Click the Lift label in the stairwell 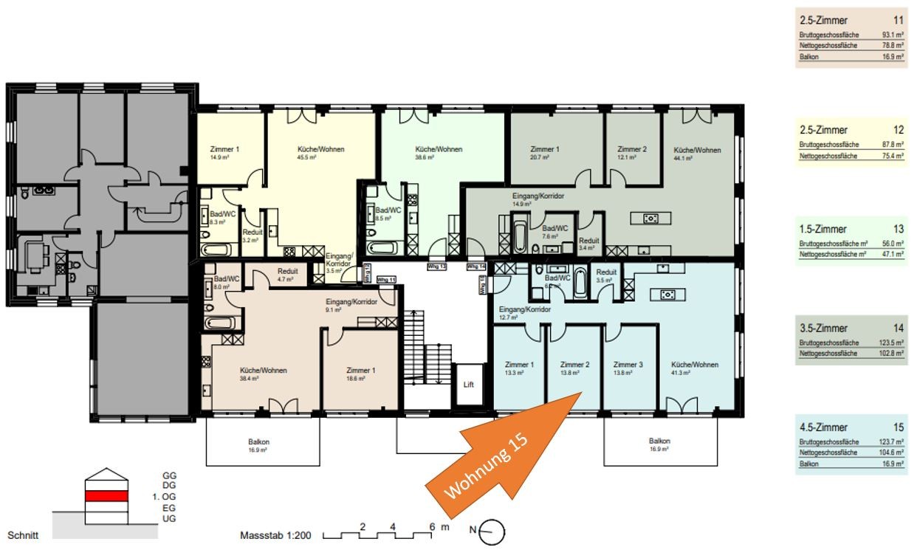tap(467, 385)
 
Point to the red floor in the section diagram tap(107, 496)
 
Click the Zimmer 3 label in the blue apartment tap(629, 365)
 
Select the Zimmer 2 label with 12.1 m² tap(632, 149)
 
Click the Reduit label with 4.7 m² tap(287, 270)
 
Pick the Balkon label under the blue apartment tap(659, 441)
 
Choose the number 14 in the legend tap(898, 328)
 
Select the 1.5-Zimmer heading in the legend tap(822, 229)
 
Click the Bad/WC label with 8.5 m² tap(388, 209)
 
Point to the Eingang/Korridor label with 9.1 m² tap(351, 302)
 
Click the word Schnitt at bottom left tap(23, 534)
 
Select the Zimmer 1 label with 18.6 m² tap(361, 371)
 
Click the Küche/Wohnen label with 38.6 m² tap(439, 149)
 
